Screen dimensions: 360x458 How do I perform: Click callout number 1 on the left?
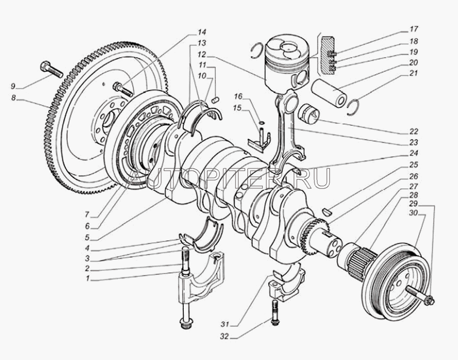[x=88, y=279]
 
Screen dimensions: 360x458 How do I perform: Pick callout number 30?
[x=421, y=214]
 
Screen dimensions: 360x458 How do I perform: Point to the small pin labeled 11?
[x=215, y=99]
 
